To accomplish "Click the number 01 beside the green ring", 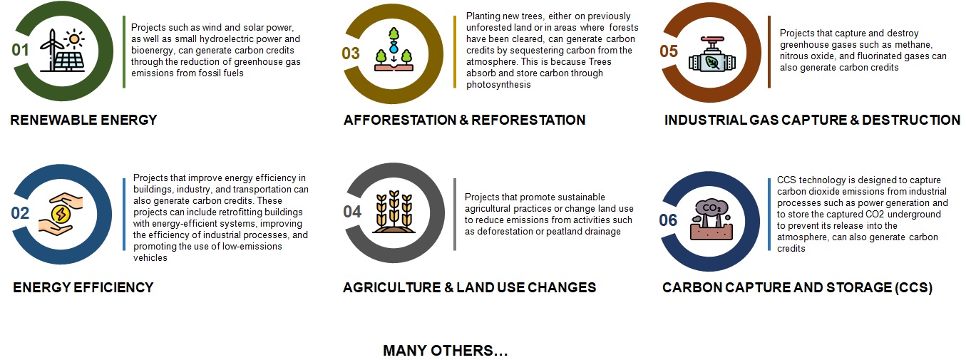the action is tap(20, 50).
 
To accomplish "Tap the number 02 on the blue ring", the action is tap(20, 213).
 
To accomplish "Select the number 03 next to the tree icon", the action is tap(351, 53).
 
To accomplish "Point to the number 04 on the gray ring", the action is tap(352, 212).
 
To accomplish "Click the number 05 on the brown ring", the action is tap(669, 51).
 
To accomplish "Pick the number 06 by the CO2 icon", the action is tap(668, 220).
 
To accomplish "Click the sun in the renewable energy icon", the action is tap(74, 38).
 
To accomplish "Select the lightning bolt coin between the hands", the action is tap(61, 214).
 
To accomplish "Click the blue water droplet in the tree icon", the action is tap(394, 48).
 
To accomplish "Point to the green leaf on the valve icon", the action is tap(711, 63).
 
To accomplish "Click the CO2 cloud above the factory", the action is tap(711, 208).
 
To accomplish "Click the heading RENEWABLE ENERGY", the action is tap(83, 120).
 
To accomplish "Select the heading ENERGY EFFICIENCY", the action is tap(83, 287).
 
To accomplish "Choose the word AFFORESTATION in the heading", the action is tap(400, 120).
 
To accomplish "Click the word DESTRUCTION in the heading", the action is tap(911, 120).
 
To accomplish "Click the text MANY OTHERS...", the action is tap(446, 351).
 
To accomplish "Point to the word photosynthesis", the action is tap(498, 85).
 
